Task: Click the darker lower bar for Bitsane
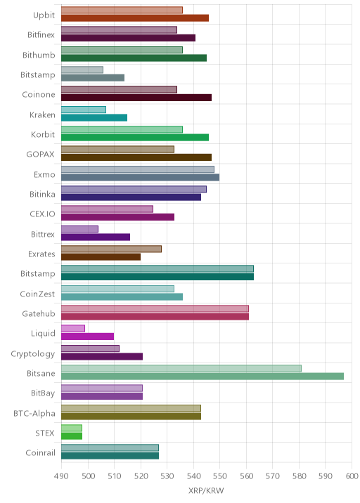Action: click(x=202, y=377)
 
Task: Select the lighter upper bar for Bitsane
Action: click(x=181, y=368)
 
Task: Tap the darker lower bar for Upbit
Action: click(x=135, y=18)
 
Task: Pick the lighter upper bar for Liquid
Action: click(x=73, y=329)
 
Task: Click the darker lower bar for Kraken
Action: click(x=94, y=118)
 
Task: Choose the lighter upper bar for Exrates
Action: click(x=111, y=249)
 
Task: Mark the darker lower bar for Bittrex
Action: click(x=96, y=237)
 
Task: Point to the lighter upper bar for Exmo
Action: click(x=137, y=169)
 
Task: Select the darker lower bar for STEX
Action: click(x=72, y=436)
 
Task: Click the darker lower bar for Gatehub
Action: click(x=155, y=317)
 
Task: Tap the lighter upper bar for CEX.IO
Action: click(x=107, y=209)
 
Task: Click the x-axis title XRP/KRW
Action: click(x=206, y=490)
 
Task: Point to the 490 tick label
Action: click(x=61, y=476)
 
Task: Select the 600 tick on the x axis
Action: click(x=352, y=476)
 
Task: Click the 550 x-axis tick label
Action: click(x=219, y=476)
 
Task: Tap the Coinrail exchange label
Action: click(x=41, y=452)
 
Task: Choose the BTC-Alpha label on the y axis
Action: click(x=34, y=413)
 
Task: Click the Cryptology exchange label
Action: click(x=33, y=354)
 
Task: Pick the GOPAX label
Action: click(x=41, y=155)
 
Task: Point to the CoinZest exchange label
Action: click(x=37, y=294)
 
